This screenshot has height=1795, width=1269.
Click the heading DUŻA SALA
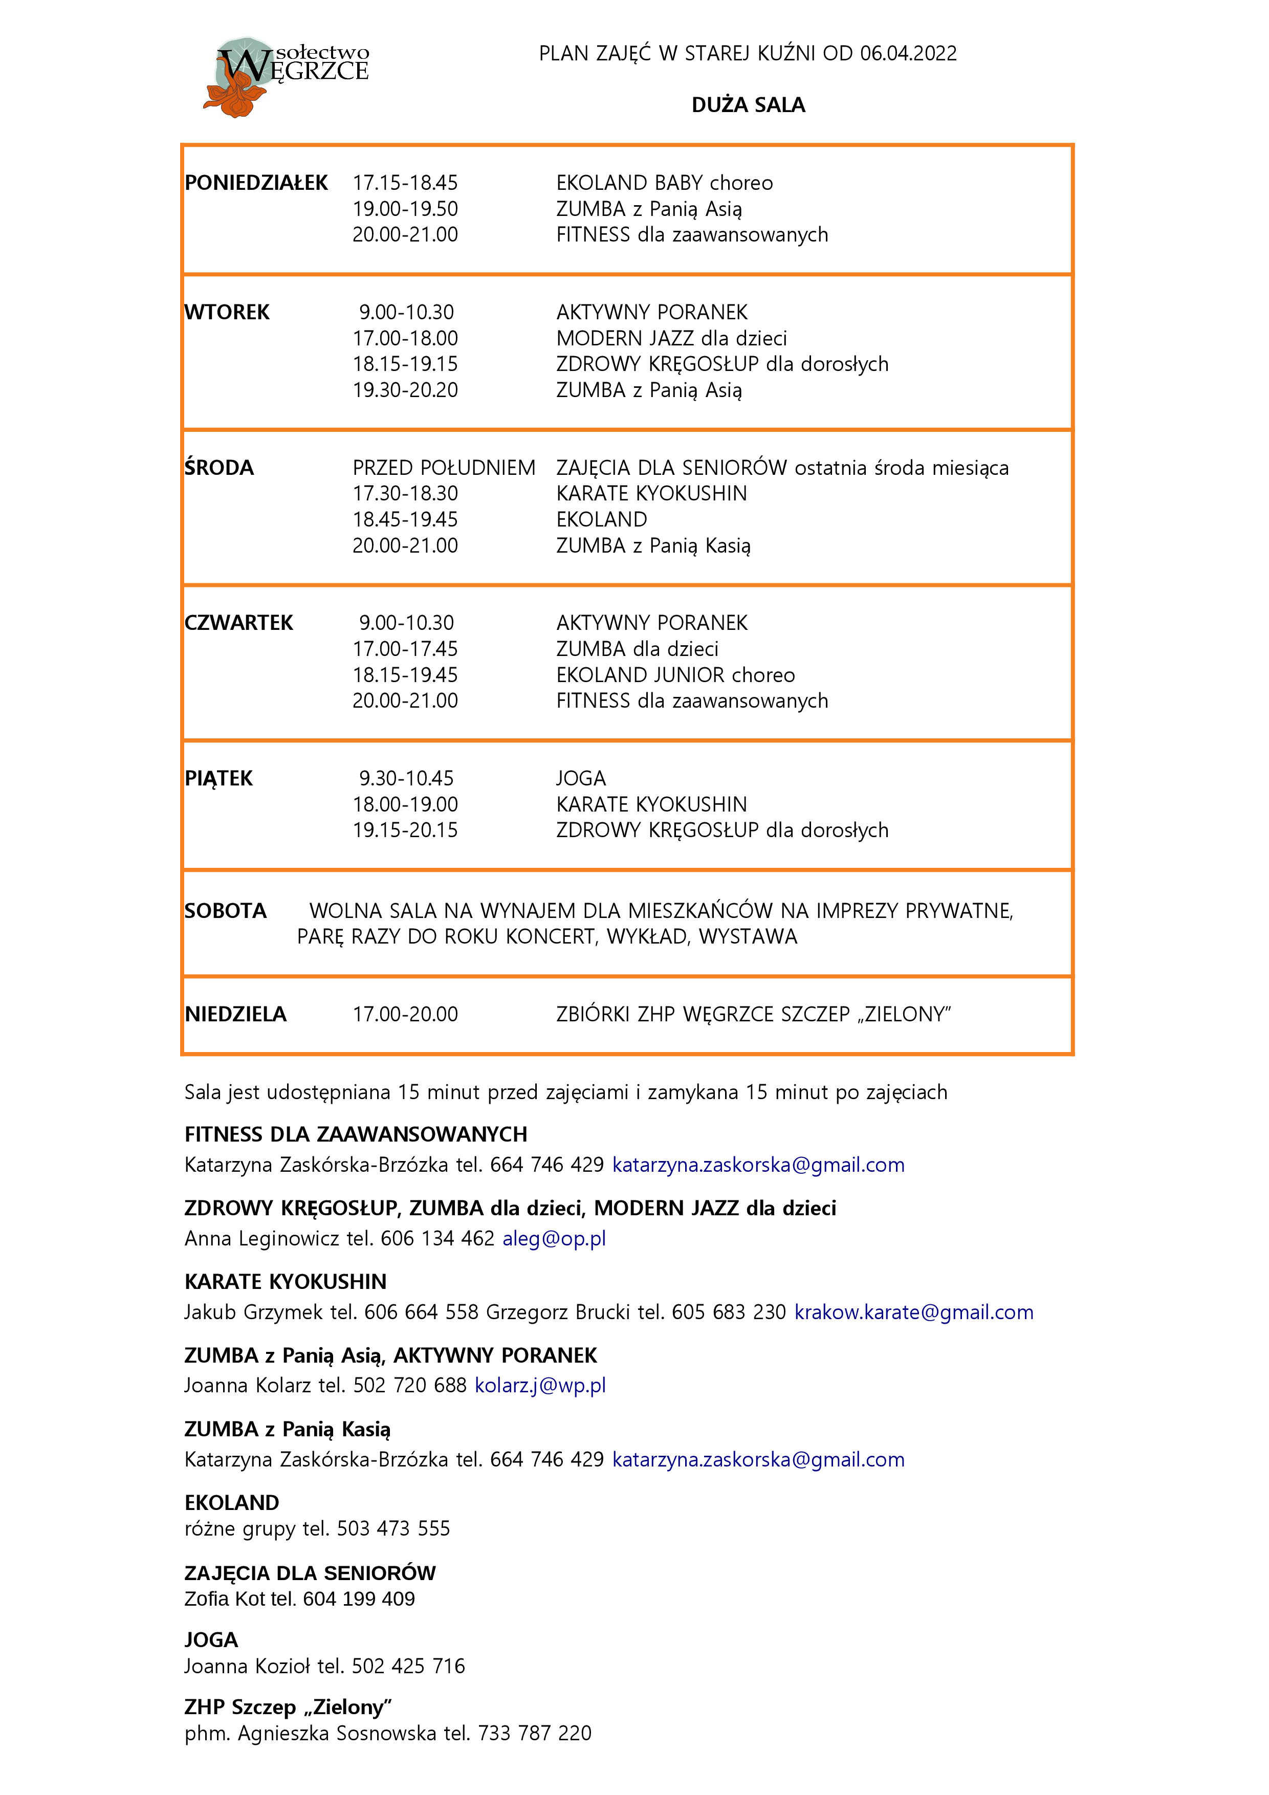coord(748,105)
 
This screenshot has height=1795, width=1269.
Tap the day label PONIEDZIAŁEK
coord(256,183)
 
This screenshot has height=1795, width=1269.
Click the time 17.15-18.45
coord(405,183)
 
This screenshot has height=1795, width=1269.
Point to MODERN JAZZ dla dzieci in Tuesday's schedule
coord(671,339)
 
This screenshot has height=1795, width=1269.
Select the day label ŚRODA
coord(219,468)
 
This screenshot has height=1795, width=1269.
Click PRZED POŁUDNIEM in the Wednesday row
coord(443,468)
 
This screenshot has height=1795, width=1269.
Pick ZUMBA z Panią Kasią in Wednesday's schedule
coord(653,545)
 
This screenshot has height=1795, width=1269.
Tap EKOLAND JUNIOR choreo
coord(675,675)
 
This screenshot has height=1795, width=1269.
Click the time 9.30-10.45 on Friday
coord(406,779)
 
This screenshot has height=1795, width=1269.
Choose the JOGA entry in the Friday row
coord(581,779)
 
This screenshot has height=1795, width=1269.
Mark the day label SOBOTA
coord(225,911)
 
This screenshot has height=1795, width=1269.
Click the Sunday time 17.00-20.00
coord(405,1015)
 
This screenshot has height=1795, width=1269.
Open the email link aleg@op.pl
coord(554,1238)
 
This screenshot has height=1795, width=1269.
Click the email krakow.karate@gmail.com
coord(913,1312)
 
